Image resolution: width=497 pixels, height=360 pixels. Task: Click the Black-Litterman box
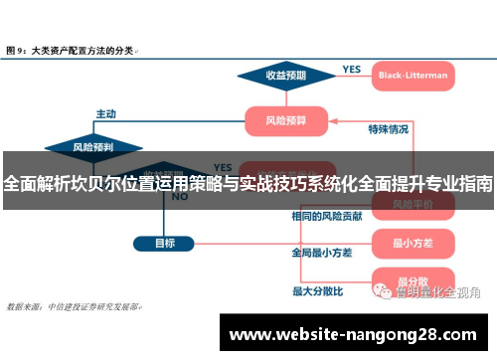(x=413, y=75)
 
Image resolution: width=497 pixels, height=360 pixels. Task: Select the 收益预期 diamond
(x=285, y=75)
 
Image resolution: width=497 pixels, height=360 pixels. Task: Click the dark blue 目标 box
(x=164, y=243)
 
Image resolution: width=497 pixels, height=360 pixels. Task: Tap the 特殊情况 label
(x=388, y=129)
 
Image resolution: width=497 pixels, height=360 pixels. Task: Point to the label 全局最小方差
(x=321, y=253)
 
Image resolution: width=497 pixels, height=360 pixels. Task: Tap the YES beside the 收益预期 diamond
(x=352, y=69)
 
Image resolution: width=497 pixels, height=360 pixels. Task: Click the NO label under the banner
(x=180, y=197)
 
